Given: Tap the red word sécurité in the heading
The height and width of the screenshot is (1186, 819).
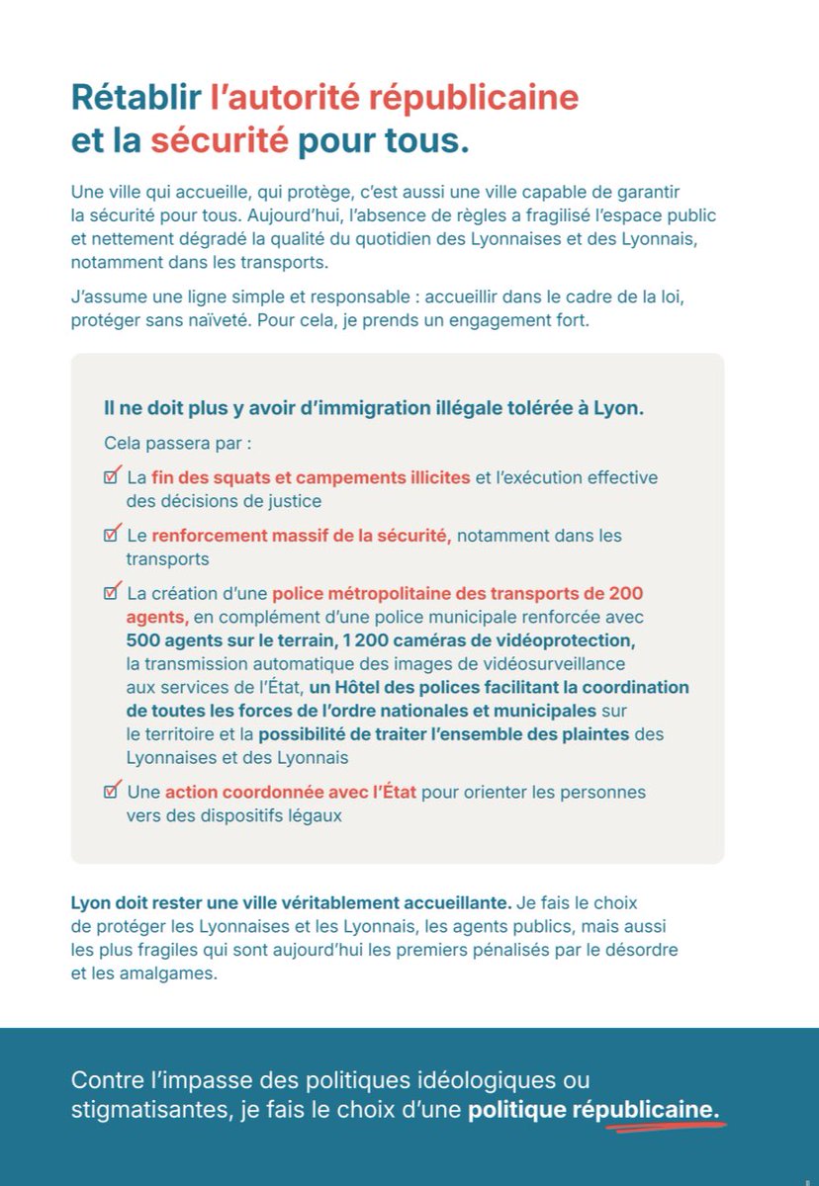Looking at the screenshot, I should click(x=219, y=140).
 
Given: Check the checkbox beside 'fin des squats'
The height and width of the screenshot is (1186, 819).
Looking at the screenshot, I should click(x=112, y=476).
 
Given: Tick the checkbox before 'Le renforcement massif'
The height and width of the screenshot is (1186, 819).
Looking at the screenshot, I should click(x=112, y=535).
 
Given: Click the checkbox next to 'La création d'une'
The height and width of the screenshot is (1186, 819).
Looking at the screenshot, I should click(x=112, y=593).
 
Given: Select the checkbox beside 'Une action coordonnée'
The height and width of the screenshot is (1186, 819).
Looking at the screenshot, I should click(x=112, y=792).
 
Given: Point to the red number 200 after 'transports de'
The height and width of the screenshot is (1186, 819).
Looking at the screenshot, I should click(x=625, y=593).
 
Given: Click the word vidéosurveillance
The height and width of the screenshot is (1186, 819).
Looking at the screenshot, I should click(x=550, y=663).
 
